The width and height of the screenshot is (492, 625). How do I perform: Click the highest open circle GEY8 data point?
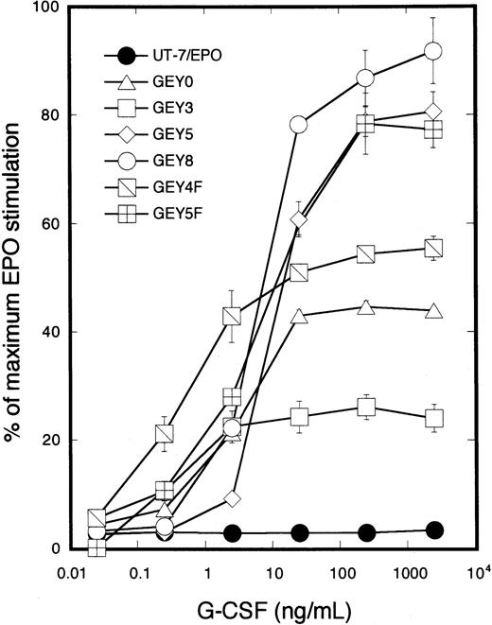433,51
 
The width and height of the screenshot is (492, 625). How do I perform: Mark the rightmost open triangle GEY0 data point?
433,312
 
